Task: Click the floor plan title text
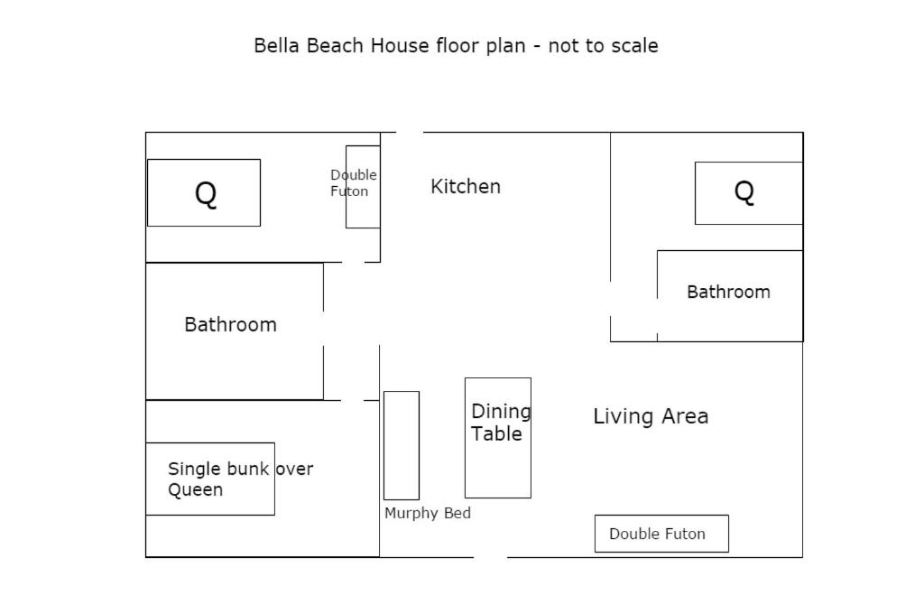pos(456,46)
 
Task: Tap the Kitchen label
pos(466,186)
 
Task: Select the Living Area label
pos(651,416)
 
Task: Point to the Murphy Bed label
pos(428,513)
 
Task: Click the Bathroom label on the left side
pos(230,324)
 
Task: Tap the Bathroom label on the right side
pos(728,292)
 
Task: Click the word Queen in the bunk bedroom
pos(195,490)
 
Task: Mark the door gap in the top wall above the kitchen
pos(410,132)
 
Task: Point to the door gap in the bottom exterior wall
pos(490,557)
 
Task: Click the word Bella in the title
pos(277,46)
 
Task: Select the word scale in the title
pos(633,46)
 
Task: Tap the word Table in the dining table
pos(497,434)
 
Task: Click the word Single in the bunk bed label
pos(193,470)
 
